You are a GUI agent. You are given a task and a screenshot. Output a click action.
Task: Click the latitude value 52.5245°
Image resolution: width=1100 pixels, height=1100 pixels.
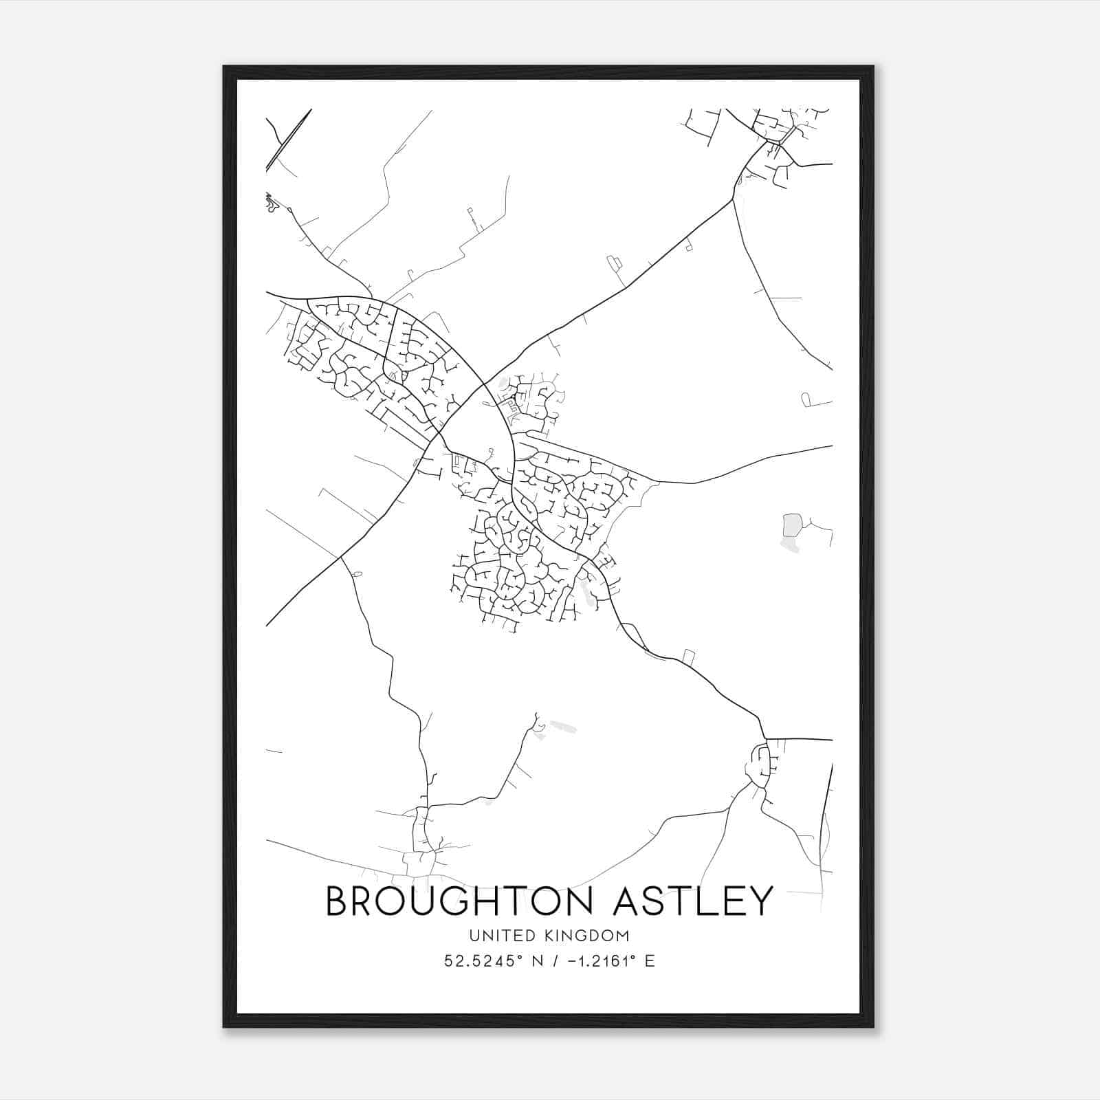(480, 961)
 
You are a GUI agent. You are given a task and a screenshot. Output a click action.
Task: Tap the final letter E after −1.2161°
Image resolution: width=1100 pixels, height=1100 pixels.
(650, 961)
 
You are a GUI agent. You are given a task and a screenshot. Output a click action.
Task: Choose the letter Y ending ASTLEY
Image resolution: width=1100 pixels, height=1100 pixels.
(761, 901)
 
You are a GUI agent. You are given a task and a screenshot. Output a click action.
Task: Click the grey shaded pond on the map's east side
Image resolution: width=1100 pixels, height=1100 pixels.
(792, 525)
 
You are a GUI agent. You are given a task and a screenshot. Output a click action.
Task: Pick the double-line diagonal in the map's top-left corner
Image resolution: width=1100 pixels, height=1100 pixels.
(289, 140)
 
